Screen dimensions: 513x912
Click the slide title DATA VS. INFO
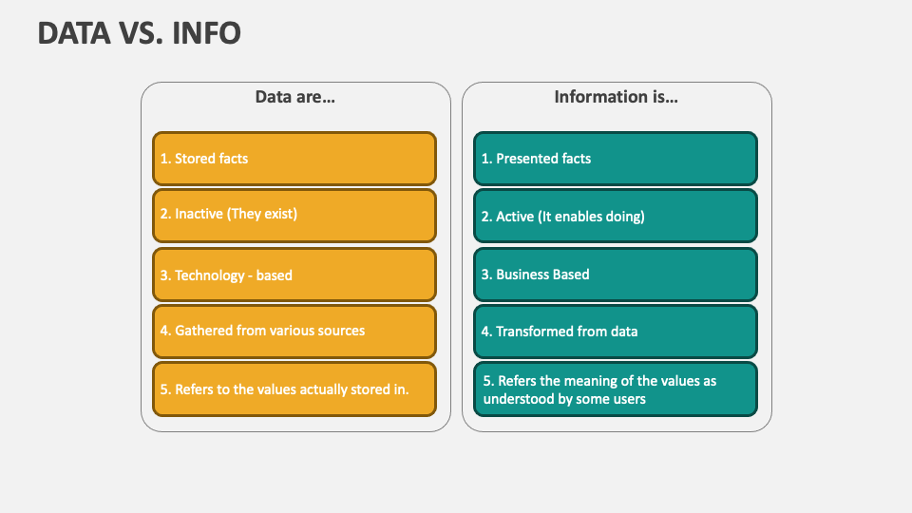(x=139, y=33)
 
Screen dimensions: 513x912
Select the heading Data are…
(x=294, y=97)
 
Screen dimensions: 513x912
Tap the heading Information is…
(x=616, y=97)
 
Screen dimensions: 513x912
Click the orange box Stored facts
(x=294, y=159)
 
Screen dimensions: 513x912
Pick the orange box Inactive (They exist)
(x=294, y=215)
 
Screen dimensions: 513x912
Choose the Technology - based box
(x=294, y=275)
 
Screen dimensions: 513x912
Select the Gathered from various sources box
(x=294, y=331)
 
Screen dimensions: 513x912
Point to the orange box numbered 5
(x=294, y=389)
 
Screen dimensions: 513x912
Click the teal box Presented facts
(x=616, y=159)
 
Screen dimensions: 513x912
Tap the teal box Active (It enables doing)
(x=616, y=216)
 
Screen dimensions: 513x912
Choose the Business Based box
(x=616, y=275)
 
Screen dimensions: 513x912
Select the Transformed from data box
(x=616, y=332)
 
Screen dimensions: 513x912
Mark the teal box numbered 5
(x=616, y=389)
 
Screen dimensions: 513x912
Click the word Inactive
(x=199, y=214)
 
